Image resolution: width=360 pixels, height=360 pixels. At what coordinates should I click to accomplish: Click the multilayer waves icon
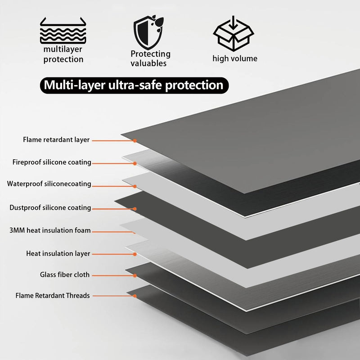click(x=63, y=31)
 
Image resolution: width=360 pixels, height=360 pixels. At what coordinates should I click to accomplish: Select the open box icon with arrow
click(x=233, y=34)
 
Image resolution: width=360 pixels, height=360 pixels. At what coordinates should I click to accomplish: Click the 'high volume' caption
click(x=235, y=58)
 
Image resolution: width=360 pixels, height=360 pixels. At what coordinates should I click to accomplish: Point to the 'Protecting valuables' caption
click(x=150, y=58)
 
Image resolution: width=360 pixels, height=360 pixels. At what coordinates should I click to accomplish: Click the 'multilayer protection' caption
click(x=63, y=54)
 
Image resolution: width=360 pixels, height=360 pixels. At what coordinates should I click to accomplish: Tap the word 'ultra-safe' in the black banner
click(x=135, y=85)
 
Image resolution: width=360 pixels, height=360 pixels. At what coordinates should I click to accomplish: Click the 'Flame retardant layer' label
click(x=56, y=140)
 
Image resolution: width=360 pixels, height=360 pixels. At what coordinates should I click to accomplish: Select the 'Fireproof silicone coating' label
click(x=52, y=162)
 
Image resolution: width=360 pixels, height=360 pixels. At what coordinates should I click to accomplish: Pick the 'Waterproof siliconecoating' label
click(x=49, y=184)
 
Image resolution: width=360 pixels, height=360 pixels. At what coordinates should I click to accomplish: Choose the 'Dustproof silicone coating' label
click(x=50, y=208)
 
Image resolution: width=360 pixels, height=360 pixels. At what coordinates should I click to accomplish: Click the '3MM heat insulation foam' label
click(x=50, y=230)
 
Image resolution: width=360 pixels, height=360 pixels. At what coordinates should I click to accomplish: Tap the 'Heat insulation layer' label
click(x=58, y=253)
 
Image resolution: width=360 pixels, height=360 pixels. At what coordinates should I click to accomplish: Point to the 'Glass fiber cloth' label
click(x=65, y=274)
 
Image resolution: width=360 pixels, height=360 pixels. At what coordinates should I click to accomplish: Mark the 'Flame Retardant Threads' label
click(x=53, y=296)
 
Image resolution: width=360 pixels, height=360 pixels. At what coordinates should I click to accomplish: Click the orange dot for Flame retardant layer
click(x=135, y=140)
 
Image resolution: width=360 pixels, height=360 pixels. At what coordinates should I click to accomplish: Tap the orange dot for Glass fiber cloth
click(x=135, y=275)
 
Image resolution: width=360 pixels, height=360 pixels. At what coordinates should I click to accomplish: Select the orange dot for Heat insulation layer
click(x=135, y=254)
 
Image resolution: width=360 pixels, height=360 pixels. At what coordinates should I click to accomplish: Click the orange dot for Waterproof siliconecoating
click(x=135, y=186)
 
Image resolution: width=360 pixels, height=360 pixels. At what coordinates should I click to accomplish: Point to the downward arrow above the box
click(x=233, y=23)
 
